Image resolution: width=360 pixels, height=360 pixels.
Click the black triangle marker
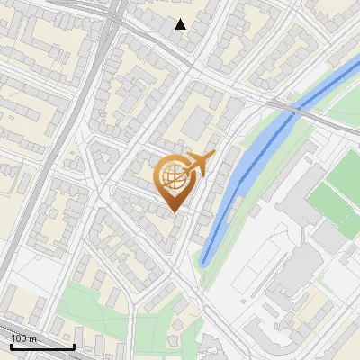(181, 24)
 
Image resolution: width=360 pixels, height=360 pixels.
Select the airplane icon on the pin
(196, 165)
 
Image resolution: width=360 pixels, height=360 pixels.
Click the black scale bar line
(41, 346)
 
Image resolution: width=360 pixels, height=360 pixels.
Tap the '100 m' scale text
(24, 337)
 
